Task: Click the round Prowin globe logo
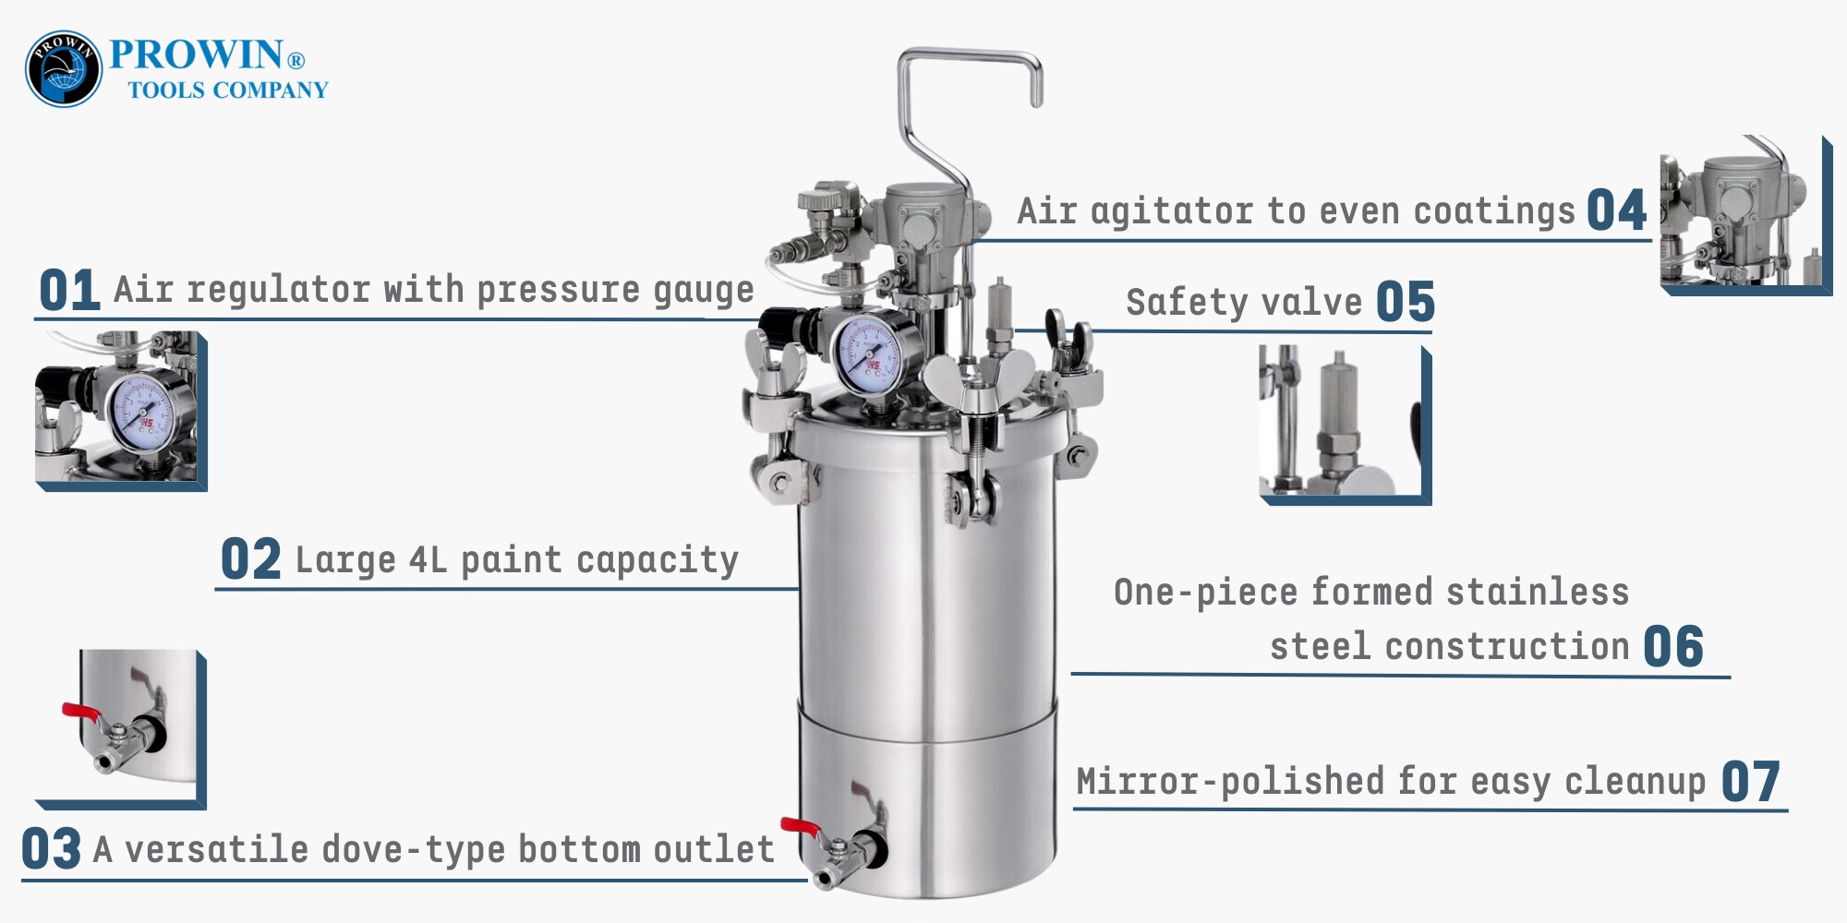[x=63, y=68]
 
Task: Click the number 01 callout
[x=69, y=291]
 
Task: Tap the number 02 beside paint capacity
[x=250, y=559]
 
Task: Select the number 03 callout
[x=52, y=849]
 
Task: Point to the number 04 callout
[x=1616, y=210]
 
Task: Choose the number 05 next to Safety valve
[x=1406, y=302]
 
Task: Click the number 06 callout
[x=1673, y=646]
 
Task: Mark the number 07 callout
[x=1750, y=782]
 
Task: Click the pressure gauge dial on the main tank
[x=868, y=354]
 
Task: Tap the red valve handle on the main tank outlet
[x=801, y=827]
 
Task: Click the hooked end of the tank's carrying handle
[x=1036, y=81]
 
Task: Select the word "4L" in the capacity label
[x=428, y=559]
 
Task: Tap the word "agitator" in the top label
[x=1172, y=212]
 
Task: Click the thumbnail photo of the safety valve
[x=1345, y=425]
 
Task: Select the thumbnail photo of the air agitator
[x=1745, y=216]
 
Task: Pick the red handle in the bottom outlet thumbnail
[x=81, y=713]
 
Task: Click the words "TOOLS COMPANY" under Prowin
[x=228, y=90]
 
